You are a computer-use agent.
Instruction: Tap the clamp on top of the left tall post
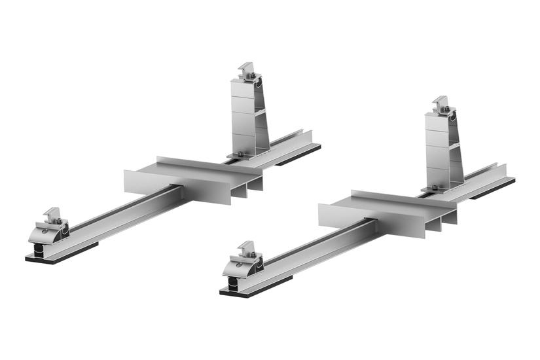[x=248, y=71]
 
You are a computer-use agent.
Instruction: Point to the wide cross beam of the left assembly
[x=190, y=179]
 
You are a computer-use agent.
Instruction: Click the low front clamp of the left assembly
[x=52, y=226]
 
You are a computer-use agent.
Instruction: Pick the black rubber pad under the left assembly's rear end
[x=298, y=157]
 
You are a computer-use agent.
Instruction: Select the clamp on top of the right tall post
[x=442, y=105]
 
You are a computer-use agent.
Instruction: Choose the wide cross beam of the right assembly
[x=386, y=213]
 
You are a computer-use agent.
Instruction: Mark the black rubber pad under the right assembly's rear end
[x=494, y=191]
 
